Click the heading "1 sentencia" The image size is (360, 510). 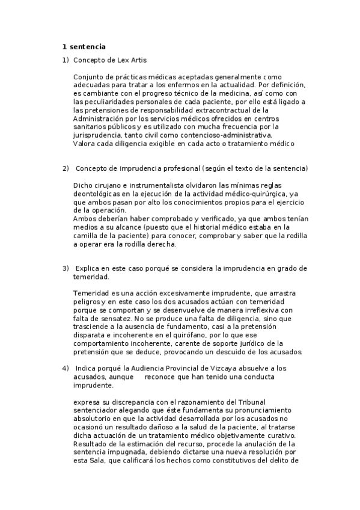pyautogui.click(x=84, y=47)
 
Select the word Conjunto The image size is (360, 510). pyautogui.click(x=88, y=77)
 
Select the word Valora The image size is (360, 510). pyautogui.click(x=85, y=144)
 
